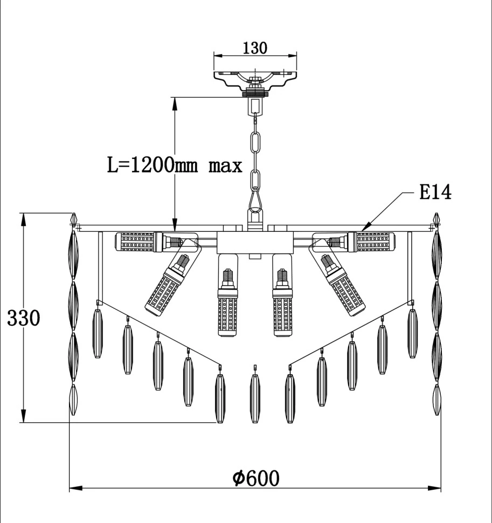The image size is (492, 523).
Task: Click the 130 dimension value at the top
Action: pyautogui.click(x=255, y=48)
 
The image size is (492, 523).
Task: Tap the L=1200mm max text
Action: pyautogui.click(x=174, y=164)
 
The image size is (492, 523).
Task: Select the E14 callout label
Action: pyautogui.click(x=435, y=192)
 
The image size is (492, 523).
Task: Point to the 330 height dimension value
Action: pyautogui.click(x=23, y=318)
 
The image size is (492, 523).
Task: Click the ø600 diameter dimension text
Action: pyautogui.click(x=256, y=478)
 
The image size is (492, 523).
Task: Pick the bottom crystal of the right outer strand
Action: pyautogui.click(x=437, y=399)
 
